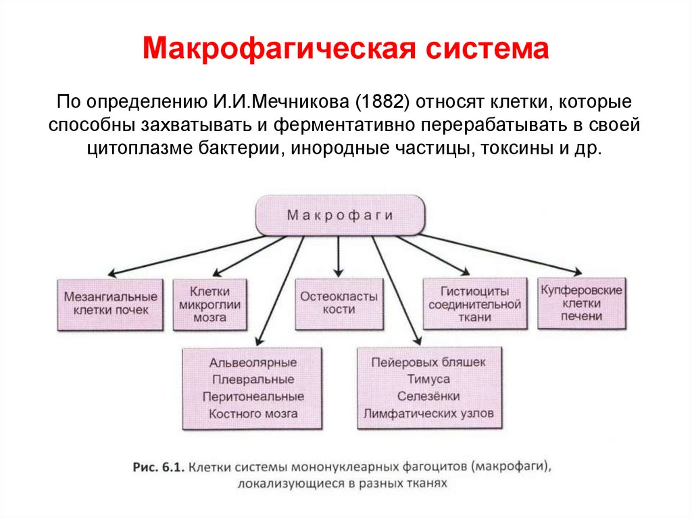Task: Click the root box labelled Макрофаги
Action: [x=340, y=215]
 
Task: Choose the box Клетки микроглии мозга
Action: [x=210, y=303]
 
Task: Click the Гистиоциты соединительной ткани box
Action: [x=474, y=303]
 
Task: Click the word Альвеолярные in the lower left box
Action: [x=253, y=363]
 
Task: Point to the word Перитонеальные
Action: [x=253, y=396]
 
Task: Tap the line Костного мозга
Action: [x=253, y=413]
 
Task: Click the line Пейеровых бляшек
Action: [x=428, y=363]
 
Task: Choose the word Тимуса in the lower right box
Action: [x=428, y=380]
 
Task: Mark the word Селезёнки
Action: [x=428, y=396]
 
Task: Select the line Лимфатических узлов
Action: [x=428, y=413]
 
